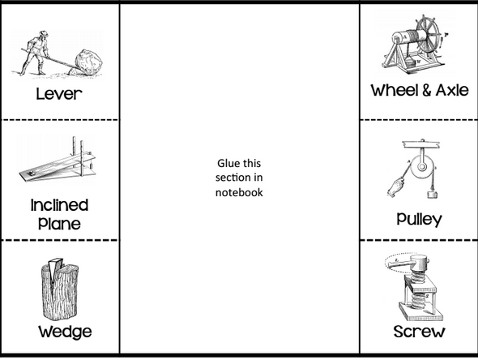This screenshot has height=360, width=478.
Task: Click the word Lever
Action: click(x=60, y=94)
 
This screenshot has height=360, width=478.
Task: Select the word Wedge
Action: click(x=64, y=332)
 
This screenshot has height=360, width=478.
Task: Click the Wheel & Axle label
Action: click(x=419, y=91)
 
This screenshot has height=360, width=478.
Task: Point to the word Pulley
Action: click(x=419, y=219)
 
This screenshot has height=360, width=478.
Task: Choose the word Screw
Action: click(x=419, y=332)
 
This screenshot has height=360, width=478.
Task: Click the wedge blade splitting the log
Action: click(x=55, y=272)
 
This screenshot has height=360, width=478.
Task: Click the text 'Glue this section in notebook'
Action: click(x=239, y=177)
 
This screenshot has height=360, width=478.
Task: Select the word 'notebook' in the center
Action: click(x=239, y=192)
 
